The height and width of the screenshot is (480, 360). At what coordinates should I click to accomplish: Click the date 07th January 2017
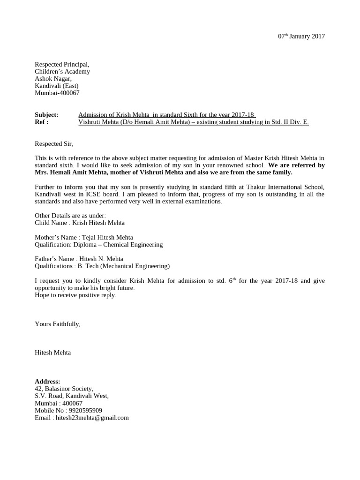(301, 37)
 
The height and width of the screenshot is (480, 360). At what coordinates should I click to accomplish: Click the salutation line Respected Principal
(62, 65)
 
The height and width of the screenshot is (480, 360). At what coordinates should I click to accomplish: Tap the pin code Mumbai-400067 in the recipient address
(57, 93)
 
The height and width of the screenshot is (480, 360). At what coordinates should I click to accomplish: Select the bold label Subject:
(46, 115)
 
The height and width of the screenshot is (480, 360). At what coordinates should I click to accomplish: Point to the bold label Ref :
(42, 122)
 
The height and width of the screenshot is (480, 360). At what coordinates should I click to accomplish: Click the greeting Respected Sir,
(54, 144)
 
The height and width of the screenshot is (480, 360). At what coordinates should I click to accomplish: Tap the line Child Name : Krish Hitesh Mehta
(80, 223)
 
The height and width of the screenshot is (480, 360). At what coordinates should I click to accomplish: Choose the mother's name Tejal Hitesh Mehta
(107, 237)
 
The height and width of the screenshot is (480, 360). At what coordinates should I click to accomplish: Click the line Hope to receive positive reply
(75, 295)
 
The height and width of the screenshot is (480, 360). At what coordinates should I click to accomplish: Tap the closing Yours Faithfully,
(58, 324)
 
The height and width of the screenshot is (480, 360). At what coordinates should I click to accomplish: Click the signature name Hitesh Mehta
(53, 352)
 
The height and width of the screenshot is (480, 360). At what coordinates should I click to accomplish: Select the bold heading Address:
(47, 382)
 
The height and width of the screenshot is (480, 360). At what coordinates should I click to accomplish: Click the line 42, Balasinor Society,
(64, 389)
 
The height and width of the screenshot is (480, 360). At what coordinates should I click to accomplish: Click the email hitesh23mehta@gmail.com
(92, 418)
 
